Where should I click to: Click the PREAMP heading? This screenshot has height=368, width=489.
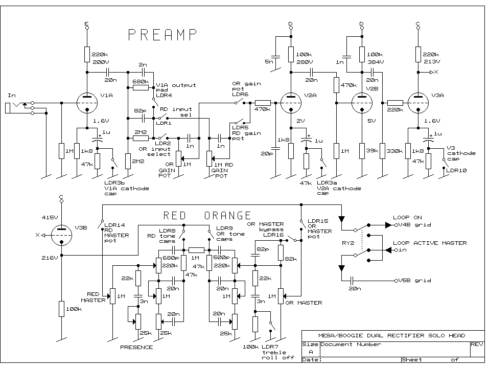[162, 35]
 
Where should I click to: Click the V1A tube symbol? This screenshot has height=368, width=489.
[87, 103]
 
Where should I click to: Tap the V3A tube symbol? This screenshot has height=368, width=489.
[418, 103]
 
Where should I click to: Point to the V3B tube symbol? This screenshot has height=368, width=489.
[61, 235]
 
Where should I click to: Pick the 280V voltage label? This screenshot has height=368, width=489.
[304, 61]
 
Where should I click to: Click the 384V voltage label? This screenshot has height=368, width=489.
[375, 61]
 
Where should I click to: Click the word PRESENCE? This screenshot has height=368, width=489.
[136, 347]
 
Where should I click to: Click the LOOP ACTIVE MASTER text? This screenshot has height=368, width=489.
[429, 243]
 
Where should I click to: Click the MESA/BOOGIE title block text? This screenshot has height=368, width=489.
[391, 335]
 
